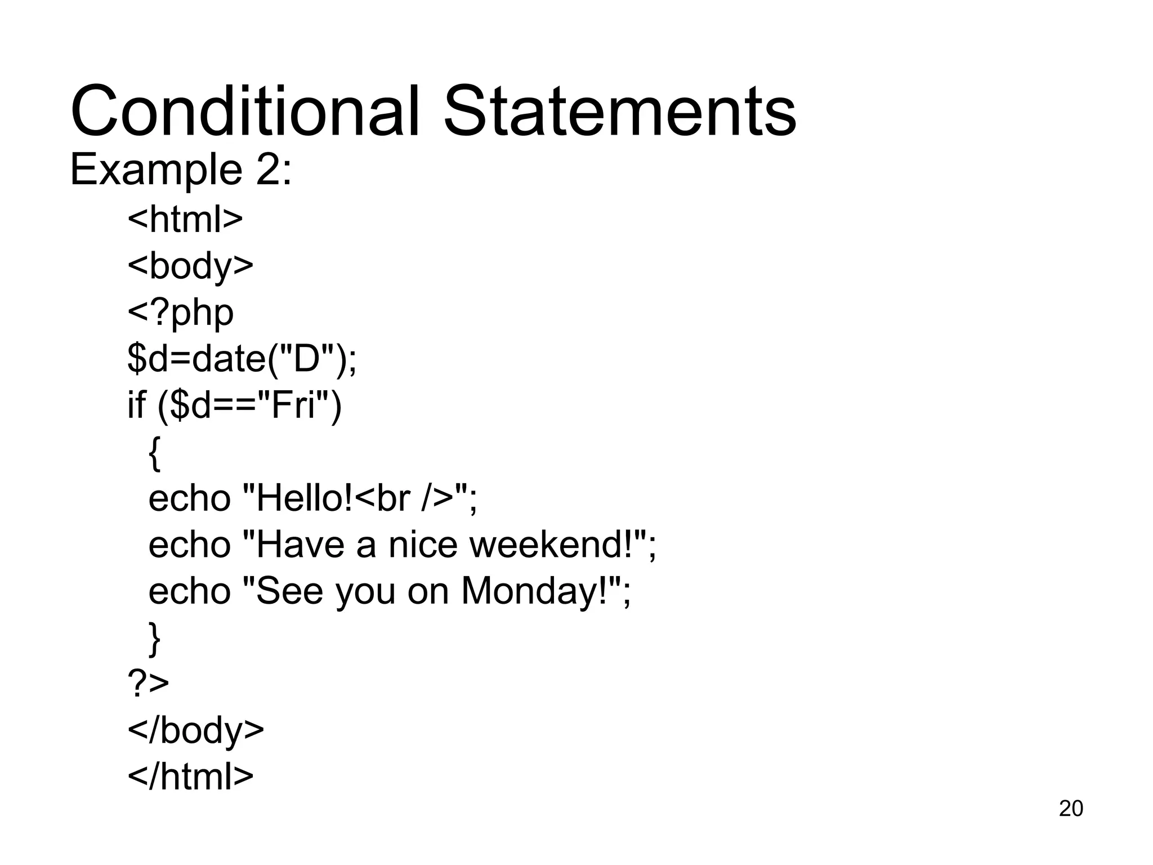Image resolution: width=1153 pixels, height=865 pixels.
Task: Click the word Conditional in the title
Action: coord(245,111)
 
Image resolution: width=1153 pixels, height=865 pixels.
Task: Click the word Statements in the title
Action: coord(620,111)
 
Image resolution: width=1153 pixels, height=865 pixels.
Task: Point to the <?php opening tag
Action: coord(180,313)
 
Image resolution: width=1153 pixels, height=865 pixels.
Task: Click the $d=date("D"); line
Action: coord(242,359)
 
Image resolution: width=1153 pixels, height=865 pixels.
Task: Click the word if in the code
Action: coord(136,405)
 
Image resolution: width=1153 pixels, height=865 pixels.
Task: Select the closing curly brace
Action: coord(154,639)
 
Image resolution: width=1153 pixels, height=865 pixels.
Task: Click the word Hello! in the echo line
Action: coord(305,498)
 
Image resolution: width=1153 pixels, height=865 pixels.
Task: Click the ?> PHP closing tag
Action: coord(148,683)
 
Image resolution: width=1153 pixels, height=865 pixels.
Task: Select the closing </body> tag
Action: coord(195,730)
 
